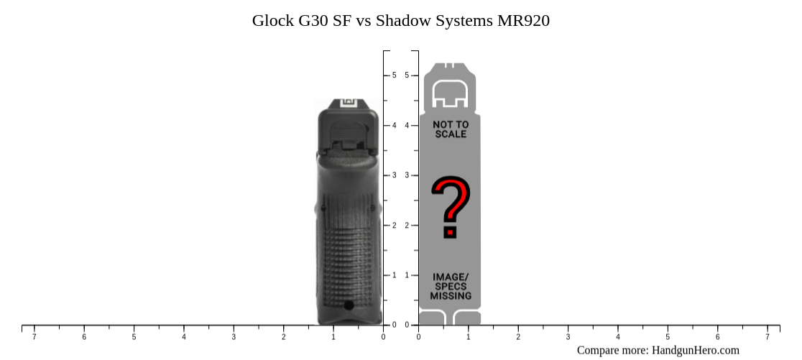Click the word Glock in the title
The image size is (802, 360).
pos(272,21)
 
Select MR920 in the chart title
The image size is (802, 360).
pos(523,21)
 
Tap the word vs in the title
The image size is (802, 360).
pos(363,21)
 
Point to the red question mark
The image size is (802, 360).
pos(451,207)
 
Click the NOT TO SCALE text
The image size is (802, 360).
pos(451,129)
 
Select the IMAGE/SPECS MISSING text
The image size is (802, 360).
pos(451,286)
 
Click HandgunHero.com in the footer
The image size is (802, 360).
pos(695,350)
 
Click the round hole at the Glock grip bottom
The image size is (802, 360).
pos(349,305)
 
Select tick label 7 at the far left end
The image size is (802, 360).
pos(34,337)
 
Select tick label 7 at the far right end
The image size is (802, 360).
pos(767,337)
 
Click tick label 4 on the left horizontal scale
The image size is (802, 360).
pos(184,337)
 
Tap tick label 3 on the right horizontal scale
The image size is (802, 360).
pos(568,337)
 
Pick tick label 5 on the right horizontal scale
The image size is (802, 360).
pos(668,337)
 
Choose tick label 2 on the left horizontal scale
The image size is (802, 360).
pos(283,337)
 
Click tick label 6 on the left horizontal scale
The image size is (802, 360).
pos(84,337)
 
